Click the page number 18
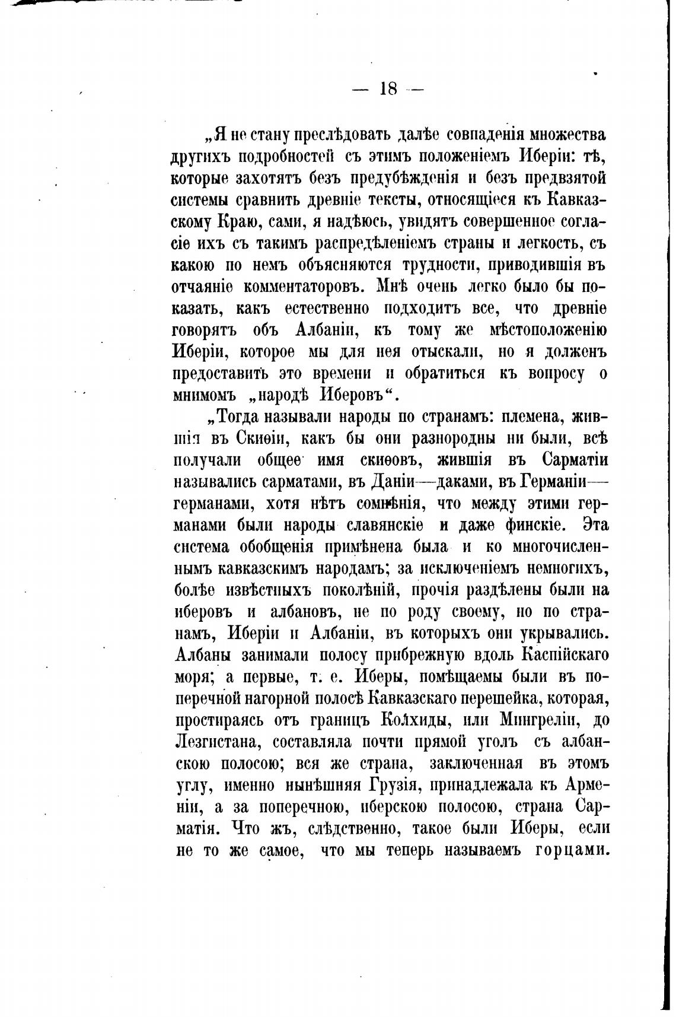pyautogui.click(x=388, y=90)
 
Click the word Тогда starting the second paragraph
pyautogui.click(x=240, y=417)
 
